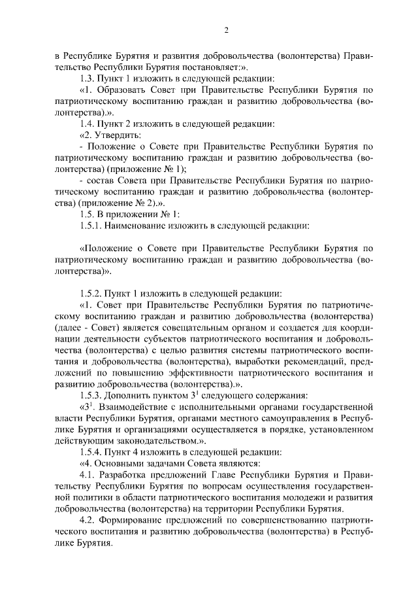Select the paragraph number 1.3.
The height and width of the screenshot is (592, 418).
[88, 78]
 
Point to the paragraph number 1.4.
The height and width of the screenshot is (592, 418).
[88, 124]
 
